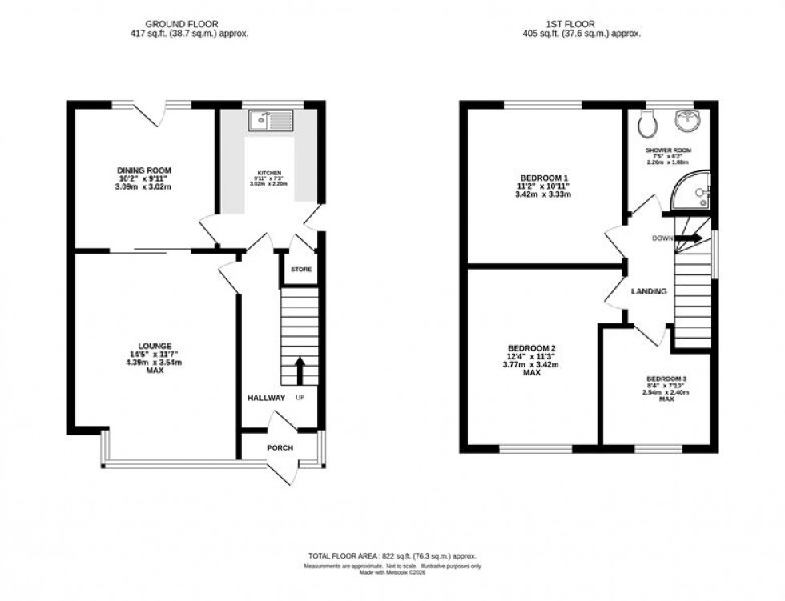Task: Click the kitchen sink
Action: [272, 122]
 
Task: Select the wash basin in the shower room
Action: [686, 122]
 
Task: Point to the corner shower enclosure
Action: [690, 193]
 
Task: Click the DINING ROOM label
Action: [144, 170]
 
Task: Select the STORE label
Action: [300, 270]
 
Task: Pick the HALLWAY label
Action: [265, 398]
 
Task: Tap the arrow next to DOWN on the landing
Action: [691, 238]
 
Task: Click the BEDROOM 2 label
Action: [532, 348]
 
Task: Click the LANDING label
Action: [648, 292]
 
